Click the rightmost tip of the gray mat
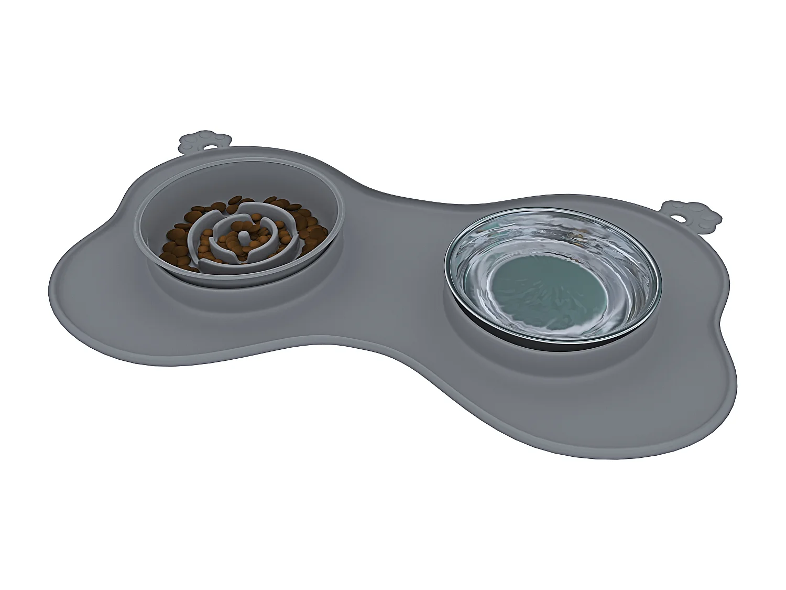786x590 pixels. [x=736, y=367]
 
